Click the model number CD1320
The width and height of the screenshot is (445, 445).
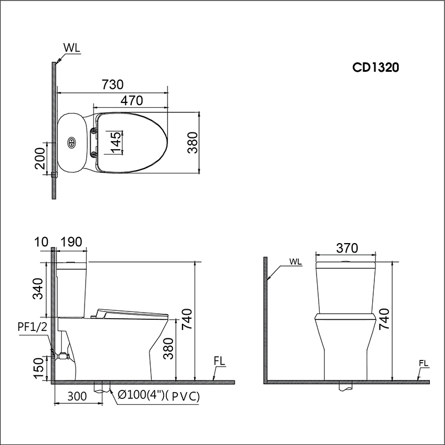tap(376, 67)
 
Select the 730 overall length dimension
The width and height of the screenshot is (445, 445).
tap(112, 84)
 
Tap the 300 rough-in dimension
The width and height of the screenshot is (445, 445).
tap(75, 396)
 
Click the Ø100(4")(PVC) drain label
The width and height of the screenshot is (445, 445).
tap(159, 396)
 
